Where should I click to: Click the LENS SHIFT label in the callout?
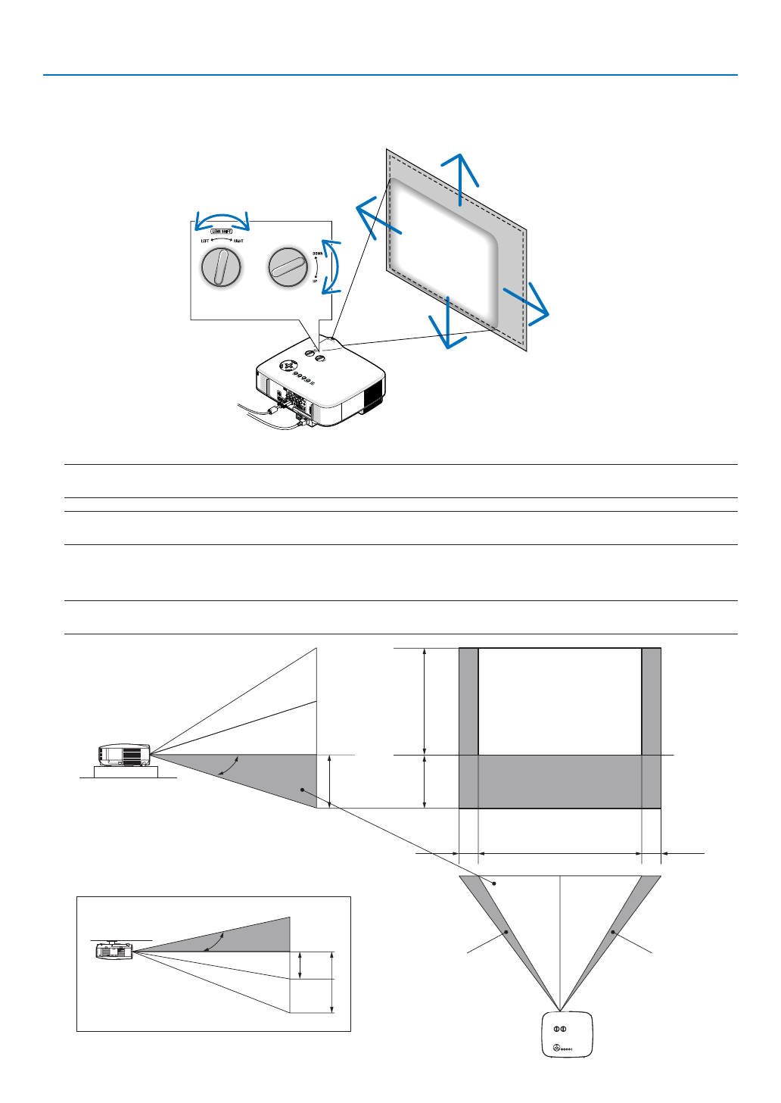click(x=221, y=231)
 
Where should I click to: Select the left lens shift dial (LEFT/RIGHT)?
click(x=221, y=267)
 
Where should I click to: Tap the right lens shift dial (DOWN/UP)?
click(x=288, y=266)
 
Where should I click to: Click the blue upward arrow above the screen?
click(x=459, y=177)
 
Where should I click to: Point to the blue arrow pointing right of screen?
click(x=527, y=304)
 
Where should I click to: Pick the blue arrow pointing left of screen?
click(x=376, y=215)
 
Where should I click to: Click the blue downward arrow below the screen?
click(x=448, y=324)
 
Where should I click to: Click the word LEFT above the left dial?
click(x=205, y=241)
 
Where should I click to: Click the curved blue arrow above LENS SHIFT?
click(x=222, y=220)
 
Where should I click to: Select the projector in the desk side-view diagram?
click(x=124, y=755)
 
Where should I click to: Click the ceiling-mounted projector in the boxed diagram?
click(x=114, y=950)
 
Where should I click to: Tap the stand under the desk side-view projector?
click(x=125, y=772)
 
